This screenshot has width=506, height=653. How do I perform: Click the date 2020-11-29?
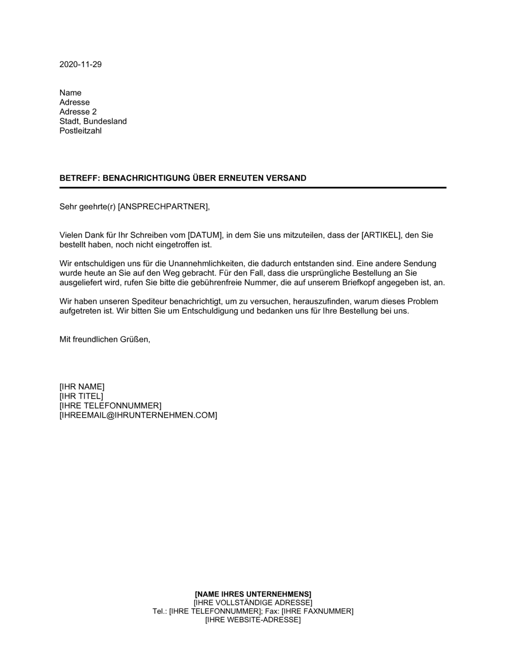[x=80, y=64]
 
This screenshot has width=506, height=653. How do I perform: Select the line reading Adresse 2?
[x=78, y=112]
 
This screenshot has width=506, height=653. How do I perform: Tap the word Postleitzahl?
[x=80, y=131]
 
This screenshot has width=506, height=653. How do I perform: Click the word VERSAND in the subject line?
[x=288, y=178]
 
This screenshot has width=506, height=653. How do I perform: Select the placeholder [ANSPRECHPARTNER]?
[x=163, y=207]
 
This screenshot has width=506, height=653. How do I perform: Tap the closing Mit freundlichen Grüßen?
[x=105, y=340]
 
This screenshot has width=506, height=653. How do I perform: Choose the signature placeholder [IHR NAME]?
[x=82, y=387]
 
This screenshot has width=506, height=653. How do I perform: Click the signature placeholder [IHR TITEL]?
[x=81, y=396]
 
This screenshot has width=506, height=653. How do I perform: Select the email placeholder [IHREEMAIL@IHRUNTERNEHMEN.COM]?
[x=138, y=416]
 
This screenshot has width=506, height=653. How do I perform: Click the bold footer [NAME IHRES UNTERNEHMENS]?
[x=253, y=594]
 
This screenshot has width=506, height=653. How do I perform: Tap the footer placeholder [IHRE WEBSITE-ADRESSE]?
[x=253, y=620]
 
